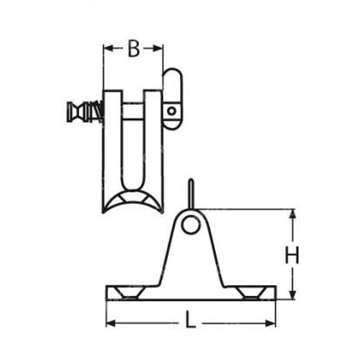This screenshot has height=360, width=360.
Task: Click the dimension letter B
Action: pos(133,49)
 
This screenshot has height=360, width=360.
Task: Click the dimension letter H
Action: pos(292,255)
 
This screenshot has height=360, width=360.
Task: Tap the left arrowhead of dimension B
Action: pos(108,48)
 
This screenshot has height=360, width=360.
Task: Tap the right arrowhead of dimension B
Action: pos(158,48)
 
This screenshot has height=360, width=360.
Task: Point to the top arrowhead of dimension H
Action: pos(292,214)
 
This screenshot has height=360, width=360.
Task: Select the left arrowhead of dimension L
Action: pos(111,323)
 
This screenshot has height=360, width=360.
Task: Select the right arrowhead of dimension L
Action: pos(271,323)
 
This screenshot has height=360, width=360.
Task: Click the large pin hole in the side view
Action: pos(190,225)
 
